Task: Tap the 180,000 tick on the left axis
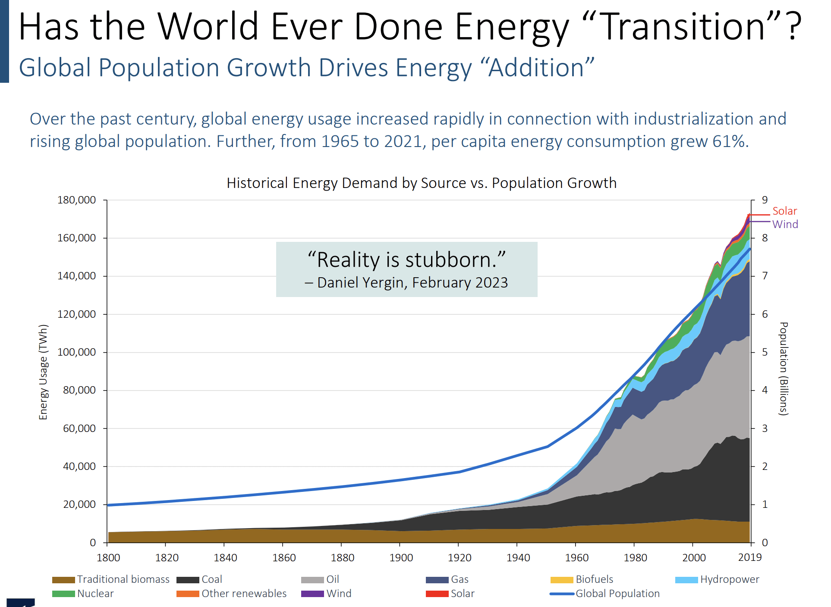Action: [x=77, y=200]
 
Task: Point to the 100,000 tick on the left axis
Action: [x=77, y=352]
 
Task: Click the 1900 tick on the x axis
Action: [x=401, y=557]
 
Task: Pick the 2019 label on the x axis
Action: [x=750, y=557]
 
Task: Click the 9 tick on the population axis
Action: [x=765, y=200]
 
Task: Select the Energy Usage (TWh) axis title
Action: [x=43, y=372]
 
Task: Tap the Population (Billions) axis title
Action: [x=784, y=369]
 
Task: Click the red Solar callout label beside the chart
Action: [x=784, y=211]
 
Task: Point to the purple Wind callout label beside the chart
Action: [x=785, y=224]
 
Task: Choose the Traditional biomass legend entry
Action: [x=123, y=579]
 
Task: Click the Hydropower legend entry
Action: [x=729, y=579]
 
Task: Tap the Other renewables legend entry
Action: [x=244, y=594]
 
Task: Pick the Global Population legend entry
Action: [x=617, y=594]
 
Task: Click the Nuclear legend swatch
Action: [x=63, y=594]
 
